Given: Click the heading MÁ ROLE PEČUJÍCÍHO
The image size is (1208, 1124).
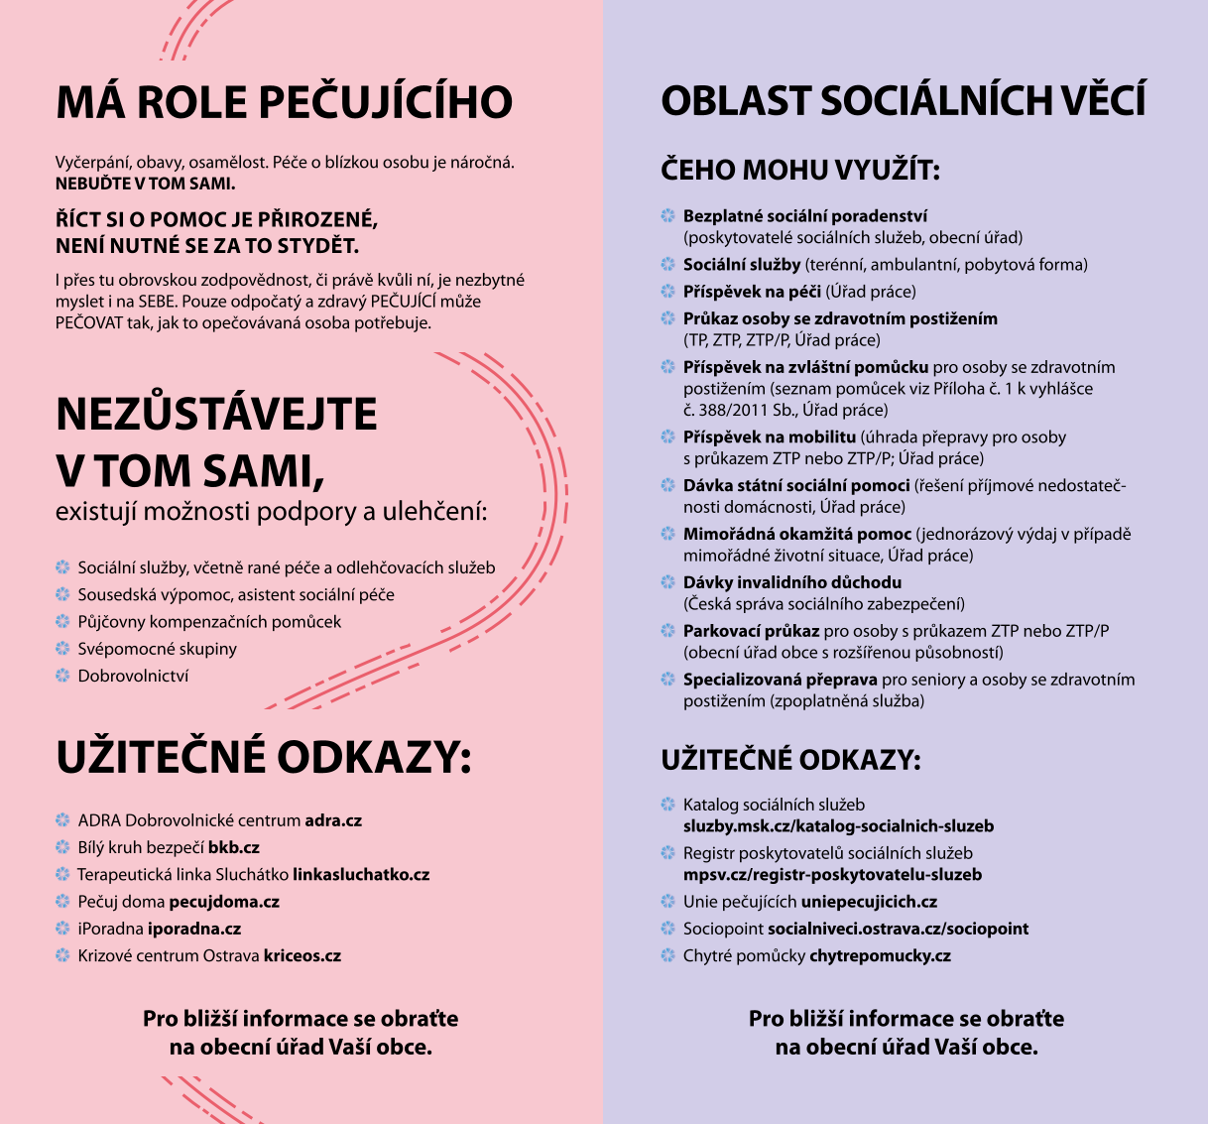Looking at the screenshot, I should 284,103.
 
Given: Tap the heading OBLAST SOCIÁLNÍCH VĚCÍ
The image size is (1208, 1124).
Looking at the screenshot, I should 903,101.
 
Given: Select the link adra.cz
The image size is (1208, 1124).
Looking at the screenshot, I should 333,820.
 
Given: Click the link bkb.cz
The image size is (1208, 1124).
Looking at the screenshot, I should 234,847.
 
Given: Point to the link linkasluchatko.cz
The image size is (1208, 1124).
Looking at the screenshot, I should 361,874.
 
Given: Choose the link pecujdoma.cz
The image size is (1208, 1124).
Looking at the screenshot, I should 224,902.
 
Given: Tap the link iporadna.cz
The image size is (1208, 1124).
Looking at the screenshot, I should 194,929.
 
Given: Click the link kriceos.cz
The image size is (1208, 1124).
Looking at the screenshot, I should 302,955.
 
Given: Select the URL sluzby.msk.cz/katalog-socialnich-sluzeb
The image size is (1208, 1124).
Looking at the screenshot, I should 838,825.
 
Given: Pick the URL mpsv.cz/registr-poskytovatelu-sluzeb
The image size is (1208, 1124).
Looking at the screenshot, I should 832,874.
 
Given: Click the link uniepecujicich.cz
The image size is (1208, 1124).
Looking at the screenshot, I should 869,902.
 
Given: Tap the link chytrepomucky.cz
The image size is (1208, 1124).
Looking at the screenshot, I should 880,955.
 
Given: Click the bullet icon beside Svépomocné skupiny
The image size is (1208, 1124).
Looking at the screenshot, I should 62,649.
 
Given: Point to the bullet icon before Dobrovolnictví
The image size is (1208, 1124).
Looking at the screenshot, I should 62,676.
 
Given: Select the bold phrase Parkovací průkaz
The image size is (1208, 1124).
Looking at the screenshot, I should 751,631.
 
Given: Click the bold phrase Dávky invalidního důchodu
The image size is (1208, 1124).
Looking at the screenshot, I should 792,582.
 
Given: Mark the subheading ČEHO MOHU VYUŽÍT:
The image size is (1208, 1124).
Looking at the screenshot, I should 799,170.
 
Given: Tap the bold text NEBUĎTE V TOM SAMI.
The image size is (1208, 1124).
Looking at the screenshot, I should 145,184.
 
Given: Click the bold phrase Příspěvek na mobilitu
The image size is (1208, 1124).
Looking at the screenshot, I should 769,437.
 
